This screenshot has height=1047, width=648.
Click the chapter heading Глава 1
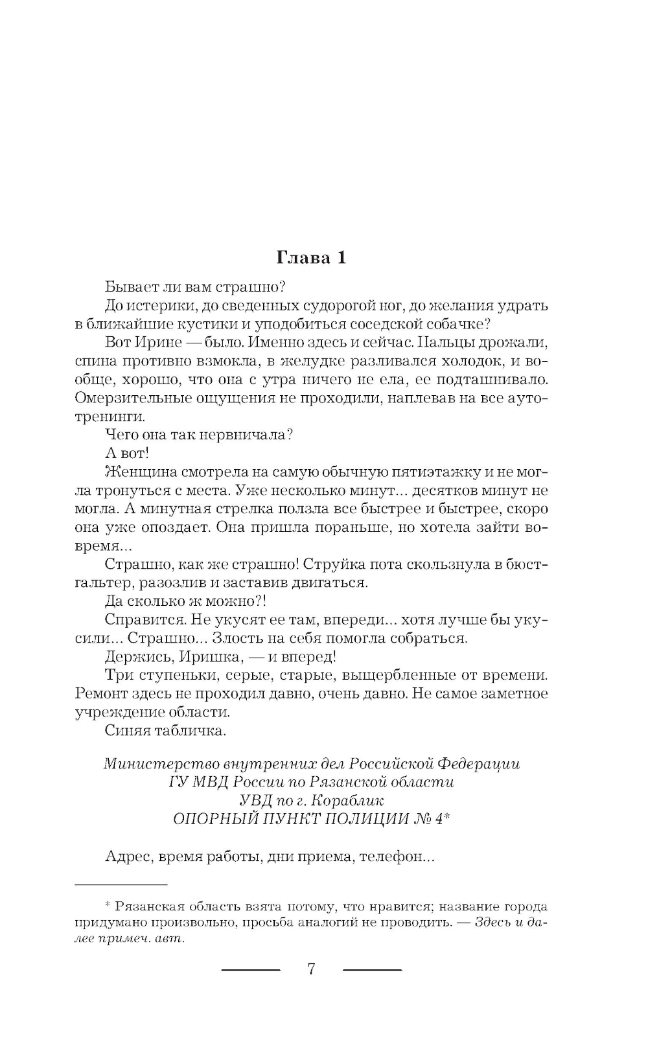click(311, 257)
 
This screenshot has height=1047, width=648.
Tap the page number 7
click(311, 969)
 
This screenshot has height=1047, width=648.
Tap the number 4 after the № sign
click(439, 819)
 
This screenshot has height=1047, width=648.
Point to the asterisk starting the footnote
click(108, 905)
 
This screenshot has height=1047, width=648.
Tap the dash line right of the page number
click(372, 970)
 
